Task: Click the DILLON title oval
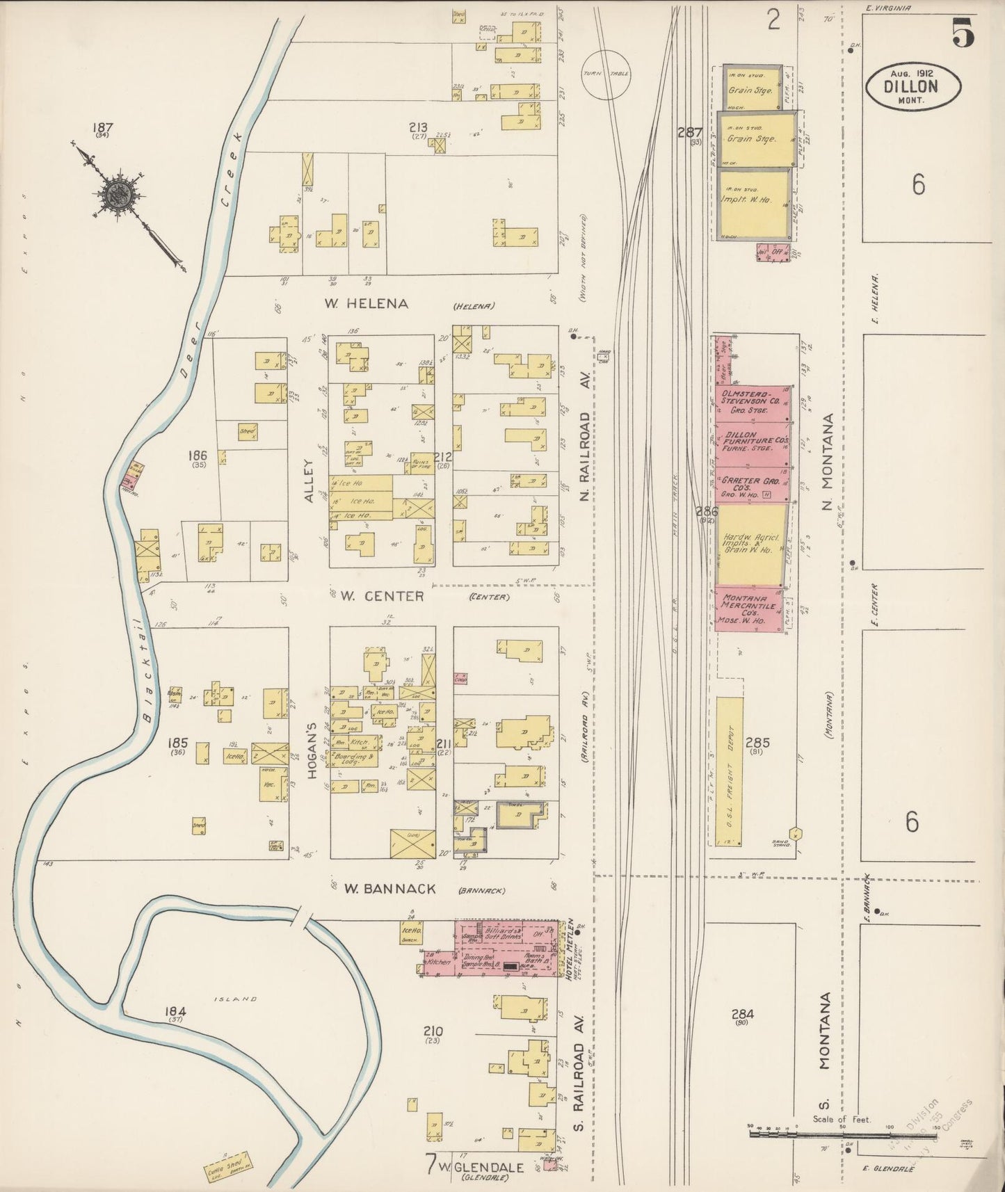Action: click(x=913, y=86)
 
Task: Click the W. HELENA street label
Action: click(x=366, y=304)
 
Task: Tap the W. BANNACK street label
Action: click(x=389, y=889)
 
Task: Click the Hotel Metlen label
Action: click(x=569, y=949)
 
